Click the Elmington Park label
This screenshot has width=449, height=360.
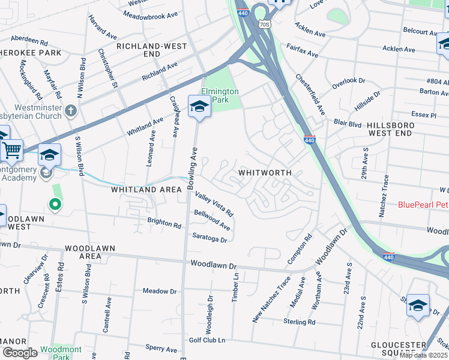220,96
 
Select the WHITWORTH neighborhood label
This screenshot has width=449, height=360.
265,172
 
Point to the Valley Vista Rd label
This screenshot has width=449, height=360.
214,204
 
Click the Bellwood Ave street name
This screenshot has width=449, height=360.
212,220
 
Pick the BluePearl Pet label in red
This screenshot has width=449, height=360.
423,205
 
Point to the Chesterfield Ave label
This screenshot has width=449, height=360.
310,95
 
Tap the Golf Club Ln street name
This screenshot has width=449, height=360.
208,340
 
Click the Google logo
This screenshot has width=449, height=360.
19,353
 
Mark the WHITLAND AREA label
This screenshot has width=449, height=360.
146,190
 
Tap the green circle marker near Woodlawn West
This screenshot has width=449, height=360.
55,206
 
